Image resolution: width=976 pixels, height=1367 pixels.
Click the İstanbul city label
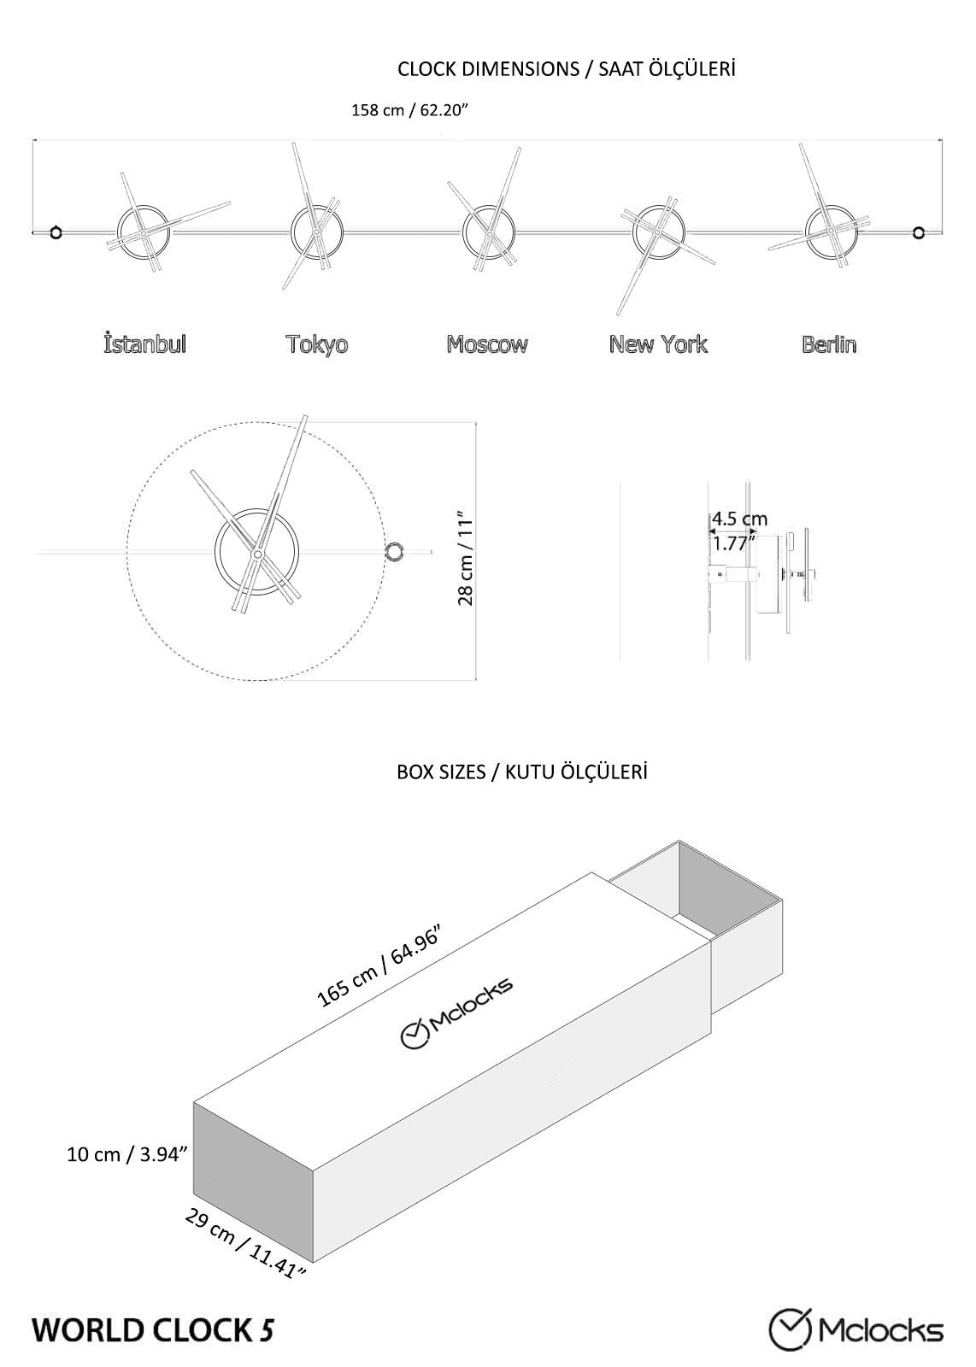pyautogui.click(x=144, y=344)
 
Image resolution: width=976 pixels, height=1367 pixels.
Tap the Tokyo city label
pyautogui.click(x=317, y=344)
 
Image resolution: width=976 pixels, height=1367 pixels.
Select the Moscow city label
pyautogui.click(x=487, y=344)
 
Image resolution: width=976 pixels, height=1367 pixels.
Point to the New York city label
pyautogui.click(x=658, y=344)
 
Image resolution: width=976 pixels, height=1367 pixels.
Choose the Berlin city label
pyautogui.click(x=829, y=344)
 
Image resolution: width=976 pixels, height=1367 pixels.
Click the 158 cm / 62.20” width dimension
pyautogui.click(x=410, y=111)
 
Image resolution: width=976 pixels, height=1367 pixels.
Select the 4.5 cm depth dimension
pyautogui.click(x=739, y=519)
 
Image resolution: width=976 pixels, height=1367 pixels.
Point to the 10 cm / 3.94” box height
pyautogui.click(x=127, y=1154)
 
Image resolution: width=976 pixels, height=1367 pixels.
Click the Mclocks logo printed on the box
pyautogui.click(x=457, y=1012)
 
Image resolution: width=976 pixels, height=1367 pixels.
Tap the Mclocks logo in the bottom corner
pyautogui.click(x=856, y=1329)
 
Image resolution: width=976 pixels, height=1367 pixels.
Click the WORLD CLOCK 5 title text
pyautogui.click(x=154, y=1329)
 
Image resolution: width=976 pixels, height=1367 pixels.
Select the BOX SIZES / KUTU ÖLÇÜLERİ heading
pyautogui.click(x=521, y=772)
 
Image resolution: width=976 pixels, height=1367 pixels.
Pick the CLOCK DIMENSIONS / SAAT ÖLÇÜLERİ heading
pyautogui.click(x=566, y=69)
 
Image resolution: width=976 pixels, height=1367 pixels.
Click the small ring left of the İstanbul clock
pyautogui.click(x=56, y=232)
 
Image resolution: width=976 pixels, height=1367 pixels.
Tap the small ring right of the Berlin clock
pyautogui.click(x=919, y=232)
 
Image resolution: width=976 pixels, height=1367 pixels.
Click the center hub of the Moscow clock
pyautogui.click(x=489, y=232)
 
